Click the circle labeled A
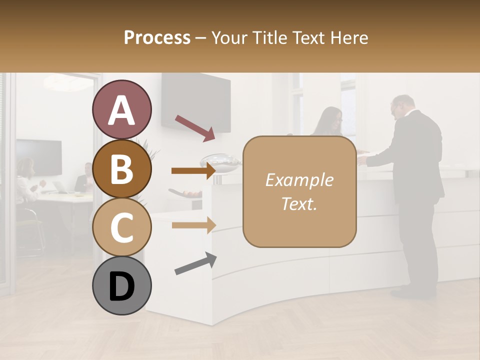121,109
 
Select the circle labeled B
121,168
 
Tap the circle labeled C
121,227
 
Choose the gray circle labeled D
121,285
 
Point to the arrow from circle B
193,171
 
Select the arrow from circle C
193,225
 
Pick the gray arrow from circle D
195,264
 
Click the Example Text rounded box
299,191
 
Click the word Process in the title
157,38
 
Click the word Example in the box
299,180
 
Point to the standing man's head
402,106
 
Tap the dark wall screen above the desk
195,99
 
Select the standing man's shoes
406,293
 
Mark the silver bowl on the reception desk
220,160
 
